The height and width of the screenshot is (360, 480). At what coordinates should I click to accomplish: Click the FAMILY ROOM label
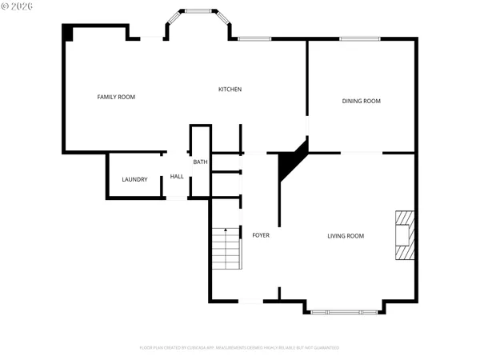click(x=116, y=97)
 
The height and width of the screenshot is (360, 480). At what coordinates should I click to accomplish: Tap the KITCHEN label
click(x=230, y=89)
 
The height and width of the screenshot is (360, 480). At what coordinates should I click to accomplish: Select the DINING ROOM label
click(x=361, y=101)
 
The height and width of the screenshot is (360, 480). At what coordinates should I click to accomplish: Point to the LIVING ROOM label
click(x=345, y=235)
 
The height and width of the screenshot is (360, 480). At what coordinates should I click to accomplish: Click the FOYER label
click(x=261, y=235)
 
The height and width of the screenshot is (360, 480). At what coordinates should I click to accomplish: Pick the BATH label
click(x=200, y=162)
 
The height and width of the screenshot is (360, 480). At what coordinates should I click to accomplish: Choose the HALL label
click(x=177, y=176)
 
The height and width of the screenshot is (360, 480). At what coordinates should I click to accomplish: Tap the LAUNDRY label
click(x=134, y=179)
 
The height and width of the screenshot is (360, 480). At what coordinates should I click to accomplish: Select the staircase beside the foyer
click(x=226, y=249)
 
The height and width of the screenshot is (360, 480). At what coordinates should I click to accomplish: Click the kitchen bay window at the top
click(x=198, y=12)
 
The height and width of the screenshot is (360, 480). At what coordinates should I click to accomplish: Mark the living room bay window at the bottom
click(x=345, y=311)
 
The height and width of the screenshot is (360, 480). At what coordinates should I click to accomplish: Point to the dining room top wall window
click(x=359, y=38)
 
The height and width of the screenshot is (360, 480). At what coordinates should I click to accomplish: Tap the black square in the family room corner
click(x=68, y=32)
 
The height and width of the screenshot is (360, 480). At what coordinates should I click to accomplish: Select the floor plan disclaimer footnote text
click(x=239, y=348)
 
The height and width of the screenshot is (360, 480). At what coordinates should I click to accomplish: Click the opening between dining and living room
click(x=362, y=152)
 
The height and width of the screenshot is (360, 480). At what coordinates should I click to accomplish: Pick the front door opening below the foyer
click(x=250, y=301)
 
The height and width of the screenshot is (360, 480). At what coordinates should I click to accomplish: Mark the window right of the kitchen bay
click(x=254, y=38)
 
